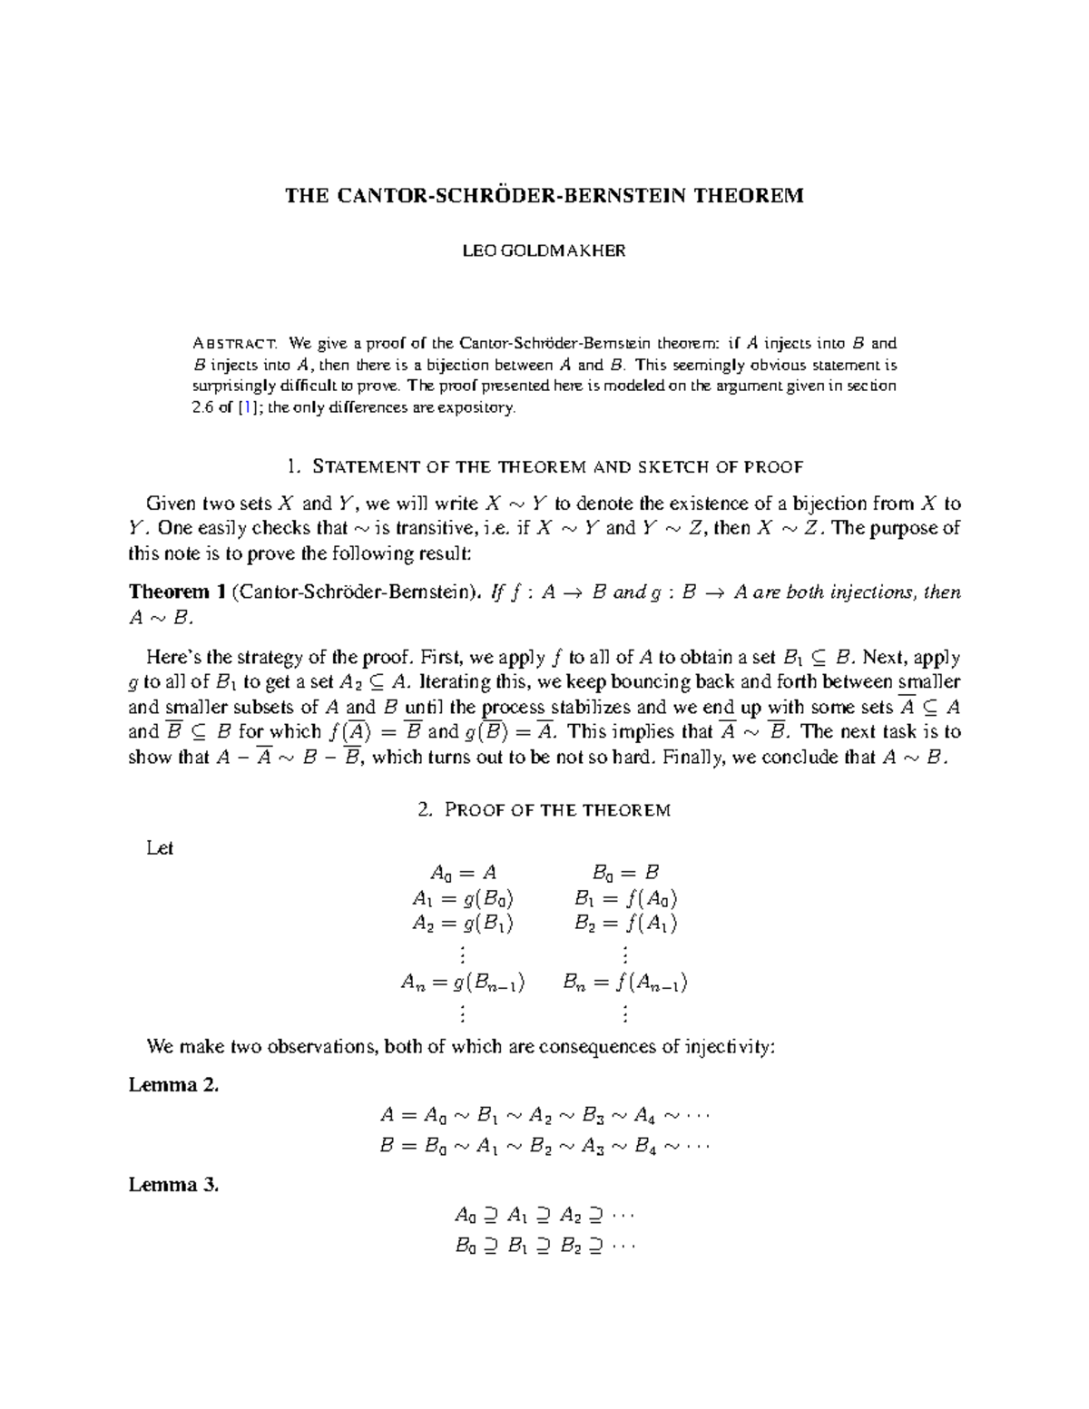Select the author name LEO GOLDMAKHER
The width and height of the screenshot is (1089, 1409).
544,251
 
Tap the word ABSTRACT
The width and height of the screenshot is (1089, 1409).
235,344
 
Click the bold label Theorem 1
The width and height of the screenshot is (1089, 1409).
177,592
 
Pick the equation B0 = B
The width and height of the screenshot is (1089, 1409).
625,873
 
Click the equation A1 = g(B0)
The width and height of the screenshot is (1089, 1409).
462,899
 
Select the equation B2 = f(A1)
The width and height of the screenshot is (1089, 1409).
625,924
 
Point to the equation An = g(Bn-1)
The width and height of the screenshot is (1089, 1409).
462,982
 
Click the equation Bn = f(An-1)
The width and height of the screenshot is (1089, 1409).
625,982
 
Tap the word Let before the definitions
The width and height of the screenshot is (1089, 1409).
160,848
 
